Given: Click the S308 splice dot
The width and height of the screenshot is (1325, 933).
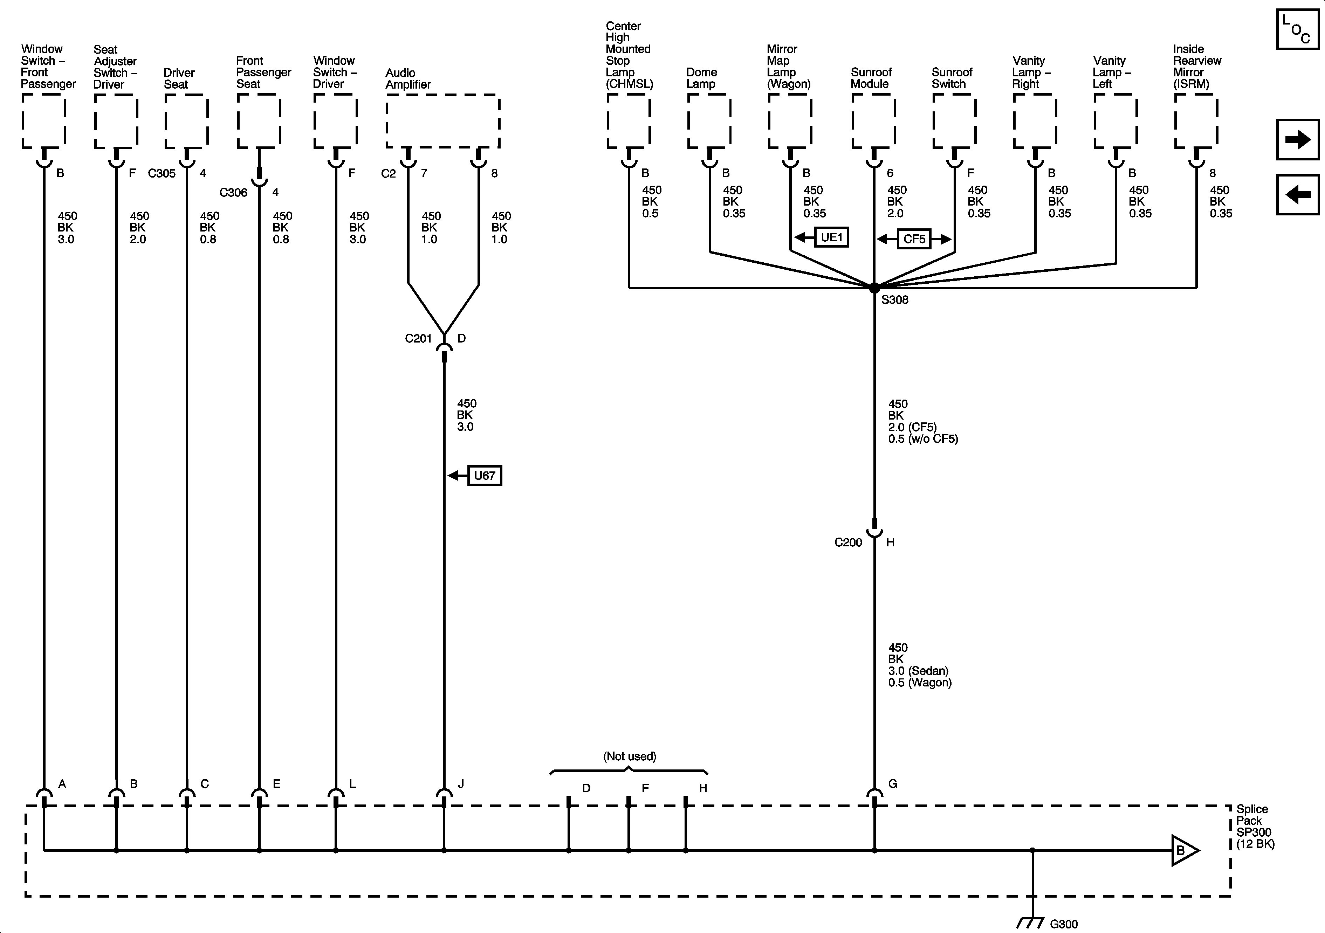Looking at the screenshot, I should point(874,287).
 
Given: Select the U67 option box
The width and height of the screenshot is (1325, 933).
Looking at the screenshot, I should point(484,476).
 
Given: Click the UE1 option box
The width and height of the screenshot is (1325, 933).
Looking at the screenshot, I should point(832,237).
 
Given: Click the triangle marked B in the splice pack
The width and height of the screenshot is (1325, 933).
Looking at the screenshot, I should point(1183,850).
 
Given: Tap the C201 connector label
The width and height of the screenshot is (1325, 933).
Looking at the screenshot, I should point(418,339).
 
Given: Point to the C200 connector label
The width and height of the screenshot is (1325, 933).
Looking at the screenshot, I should point(848,542).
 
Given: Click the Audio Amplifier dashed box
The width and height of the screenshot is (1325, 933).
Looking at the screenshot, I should point(442,121).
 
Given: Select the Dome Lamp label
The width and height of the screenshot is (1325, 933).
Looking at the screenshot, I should point(701,78).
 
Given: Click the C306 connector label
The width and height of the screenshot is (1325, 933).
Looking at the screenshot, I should point(233,193).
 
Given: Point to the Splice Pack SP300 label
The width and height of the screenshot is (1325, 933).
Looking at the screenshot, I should point(1255,826).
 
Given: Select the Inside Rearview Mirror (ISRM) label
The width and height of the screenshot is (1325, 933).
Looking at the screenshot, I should point(1196,66).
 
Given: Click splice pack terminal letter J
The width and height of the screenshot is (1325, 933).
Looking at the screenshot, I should point(460,783).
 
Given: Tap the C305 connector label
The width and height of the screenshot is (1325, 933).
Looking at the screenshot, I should point(162,173).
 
